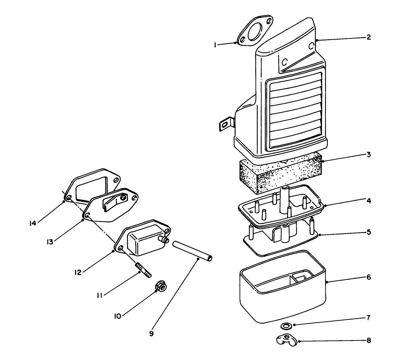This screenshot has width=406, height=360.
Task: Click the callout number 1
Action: pos(215,45)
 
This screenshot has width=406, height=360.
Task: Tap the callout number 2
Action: pos(368,37)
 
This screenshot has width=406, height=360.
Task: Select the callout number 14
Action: pos(33,224)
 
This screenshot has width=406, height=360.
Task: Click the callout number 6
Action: pos(368,277)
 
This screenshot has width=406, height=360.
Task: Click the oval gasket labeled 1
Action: pos(255,31)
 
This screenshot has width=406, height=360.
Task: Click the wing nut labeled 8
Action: pos(286,340)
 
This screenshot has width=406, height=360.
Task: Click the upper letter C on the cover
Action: pos(312,46)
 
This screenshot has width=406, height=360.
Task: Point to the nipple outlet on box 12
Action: pos(164,240)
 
